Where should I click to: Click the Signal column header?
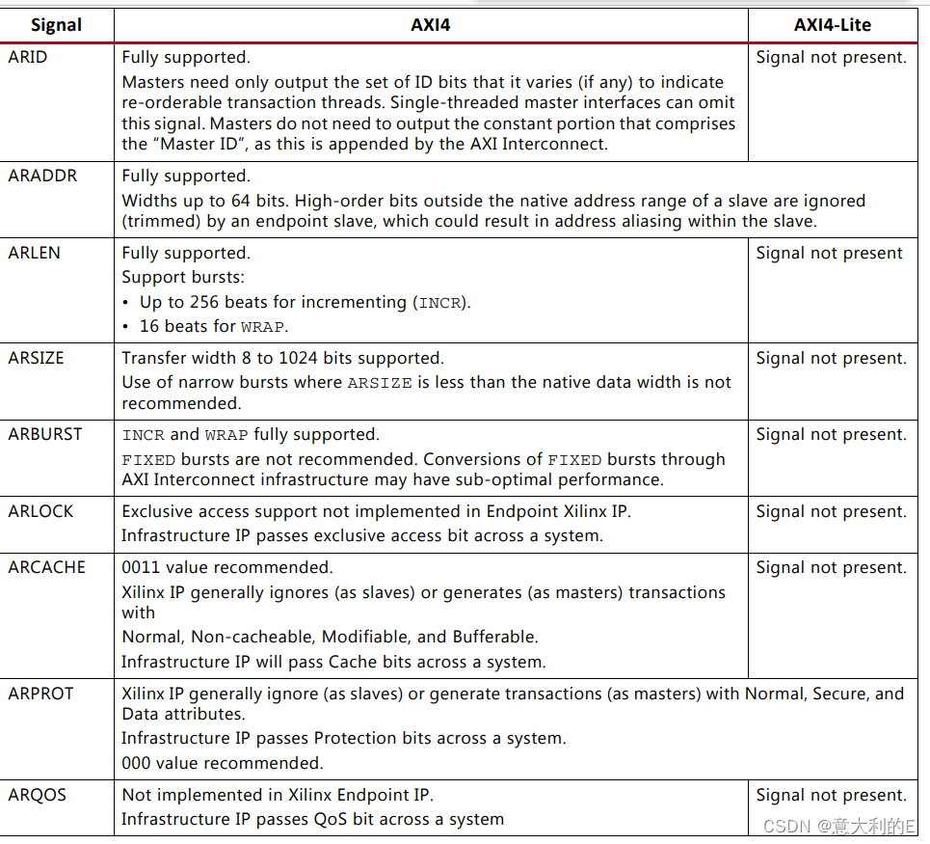(x=56, y=24)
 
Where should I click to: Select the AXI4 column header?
(x=430, y=24)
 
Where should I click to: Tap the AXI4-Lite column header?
(x=832, y=24)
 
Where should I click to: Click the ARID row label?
(x=28, y=57)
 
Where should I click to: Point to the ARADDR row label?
(x=42, y=176)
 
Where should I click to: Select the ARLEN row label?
(x=35, y=253)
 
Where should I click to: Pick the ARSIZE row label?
(x=37, y=358)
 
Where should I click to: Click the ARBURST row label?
(x=45, y=434)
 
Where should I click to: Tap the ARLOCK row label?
(x=40, y=511)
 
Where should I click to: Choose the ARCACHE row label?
(x=46, y=567)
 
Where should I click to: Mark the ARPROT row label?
(x=40, y=694)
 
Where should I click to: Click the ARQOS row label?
(x=37, y=795)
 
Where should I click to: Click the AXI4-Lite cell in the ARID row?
(x=831, y=57)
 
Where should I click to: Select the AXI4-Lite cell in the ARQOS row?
(x=831, y=795)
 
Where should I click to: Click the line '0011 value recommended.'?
(x=227, y=567)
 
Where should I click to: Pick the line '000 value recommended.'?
(x=222, y=763)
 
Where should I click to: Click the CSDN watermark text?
(x=838, y=826)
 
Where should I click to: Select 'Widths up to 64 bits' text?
(x=204, y=201)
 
